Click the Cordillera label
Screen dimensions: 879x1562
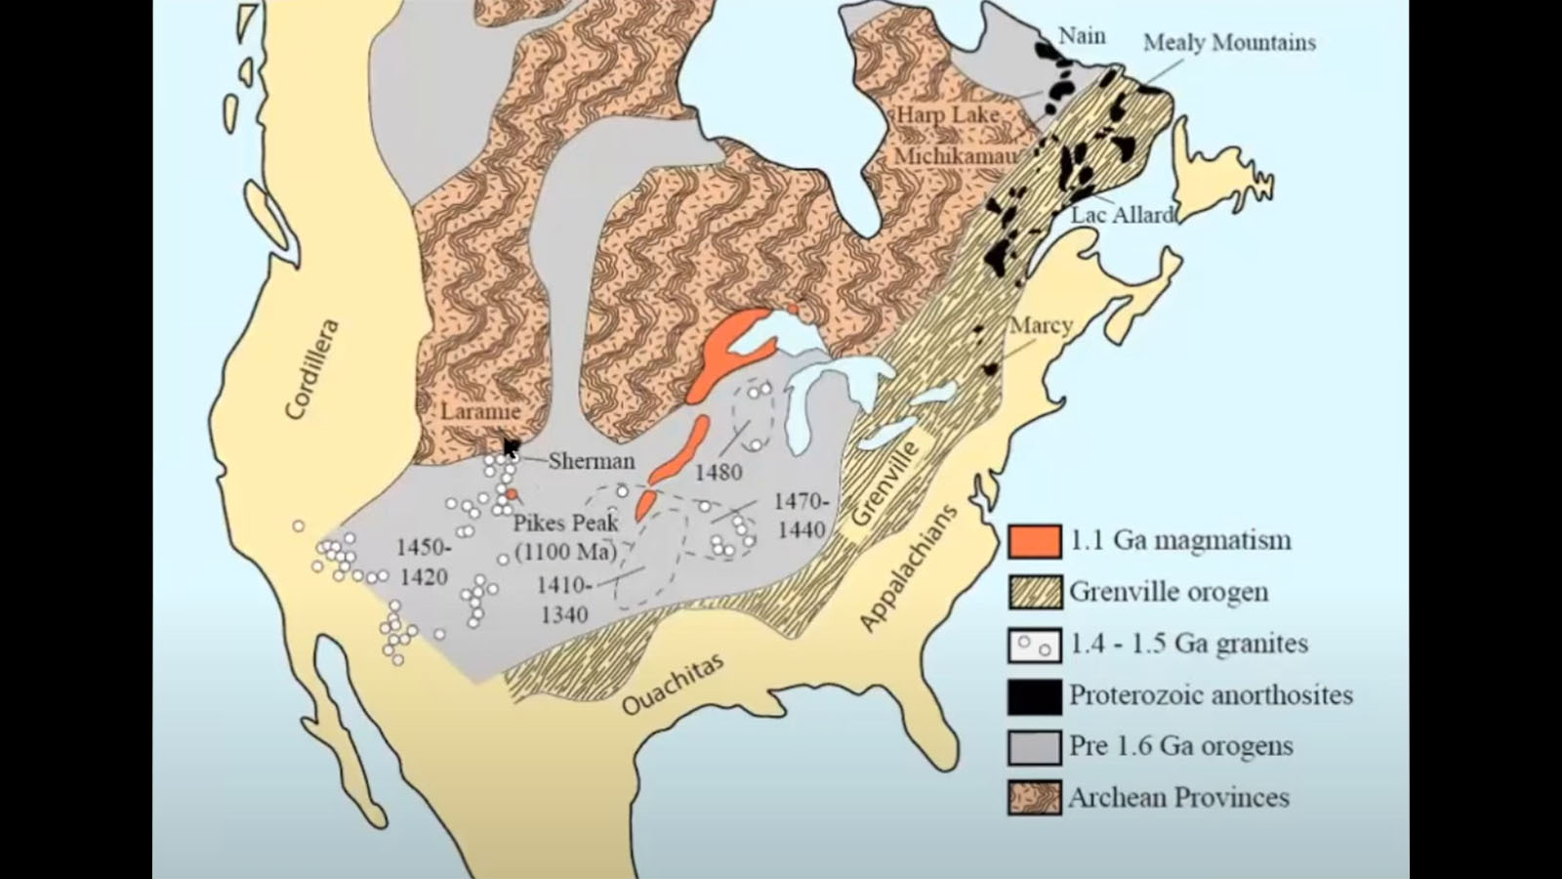(x=313, y=369)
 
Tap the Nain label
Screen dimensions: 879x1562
(x=1082, y=36)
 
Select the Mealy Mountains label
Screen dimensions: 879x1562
(x=1229, y=43)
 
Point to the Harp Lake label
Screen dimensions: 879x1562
(x=948, y=115)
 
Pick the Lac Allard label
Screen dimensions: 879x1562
(x=1122, y=215)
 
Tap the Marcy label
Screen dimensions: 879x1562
(x=1041, y=325)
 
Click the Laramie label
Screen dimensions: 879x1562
(x=479, y=411)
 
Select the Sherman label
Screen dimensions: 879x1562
(x=591, y=461)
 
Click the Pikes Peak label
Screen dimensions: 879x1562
(x=566, y=523)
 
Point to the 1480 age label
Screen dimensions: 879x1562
(x=719, y=473)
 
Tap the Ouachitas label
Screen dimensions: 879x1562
(x=674, y=683)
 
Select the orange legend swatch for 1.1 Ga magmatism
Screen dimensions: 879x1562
(x=1035, y=541)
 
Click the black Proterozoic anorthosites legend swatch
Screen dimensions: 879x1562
(x=1035, y=695)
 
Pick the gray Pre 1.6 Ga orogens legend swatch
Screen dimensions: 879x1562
(x=1035, y=747)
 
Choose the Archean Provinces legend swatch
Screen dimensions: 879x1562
(x=1035, y=798)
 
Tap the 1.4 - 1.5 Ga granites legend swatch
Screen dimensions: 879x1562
(x=1035, y=645)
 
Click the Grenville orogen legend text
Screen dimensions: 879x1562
(x=1169, y=592)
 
